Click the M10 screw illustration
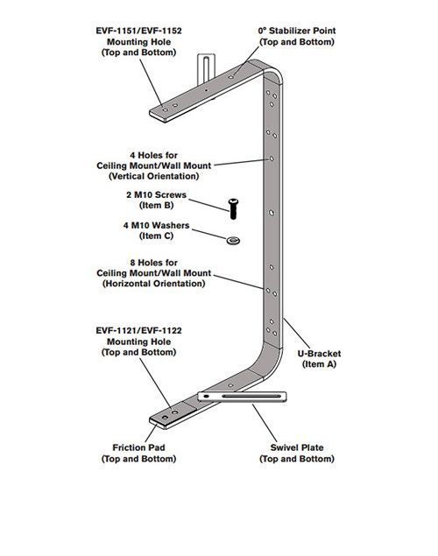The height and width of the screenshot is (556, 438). coord(233,209)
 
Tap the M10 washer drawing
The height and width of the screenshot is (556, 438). coord(233,241)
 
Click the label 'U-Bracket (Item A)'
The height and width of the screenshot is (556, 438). coord(319,358)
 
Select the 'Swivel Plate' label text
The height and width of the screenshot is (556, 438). coord(297,447)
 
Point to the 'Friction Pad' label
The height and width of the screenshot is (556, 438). coord(138,447)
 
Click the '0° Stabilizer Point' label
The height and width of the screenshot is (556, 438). coord(297,31)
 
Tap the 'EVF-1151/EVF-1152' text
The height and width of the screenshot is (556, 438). coord(138,31)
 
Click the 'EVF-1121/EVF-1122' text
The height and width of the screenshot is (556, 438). coord(138,330)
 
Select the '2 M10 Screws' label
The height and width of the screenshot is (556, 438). coord(157,194)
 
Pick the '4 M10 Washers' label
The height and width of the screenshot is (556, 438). coord(157,225)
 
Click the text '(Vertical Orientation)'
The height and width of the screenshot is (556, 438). coord(154,176)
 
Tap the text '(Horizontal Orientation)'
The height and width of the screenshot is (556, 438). coord(154,284)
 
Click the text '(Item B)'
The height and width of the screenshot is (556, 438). coord(157,205)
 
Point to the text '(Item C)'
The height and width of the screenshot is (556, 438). coord(157,236)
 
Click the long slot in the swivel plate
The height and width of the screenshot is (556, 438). coord(251,396)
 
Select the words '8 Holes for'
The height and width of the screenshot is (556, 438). coord(154,263)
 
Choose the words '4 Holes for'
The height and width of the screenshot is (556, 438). coord(154,155)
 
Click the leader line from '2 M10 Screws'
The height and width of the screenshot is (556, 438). coord(209,206)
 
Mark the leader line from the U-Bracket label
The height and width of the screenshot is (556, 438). coord(297,334)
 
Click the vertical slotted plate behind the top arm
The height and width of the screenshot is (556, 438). coord(206,67)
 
